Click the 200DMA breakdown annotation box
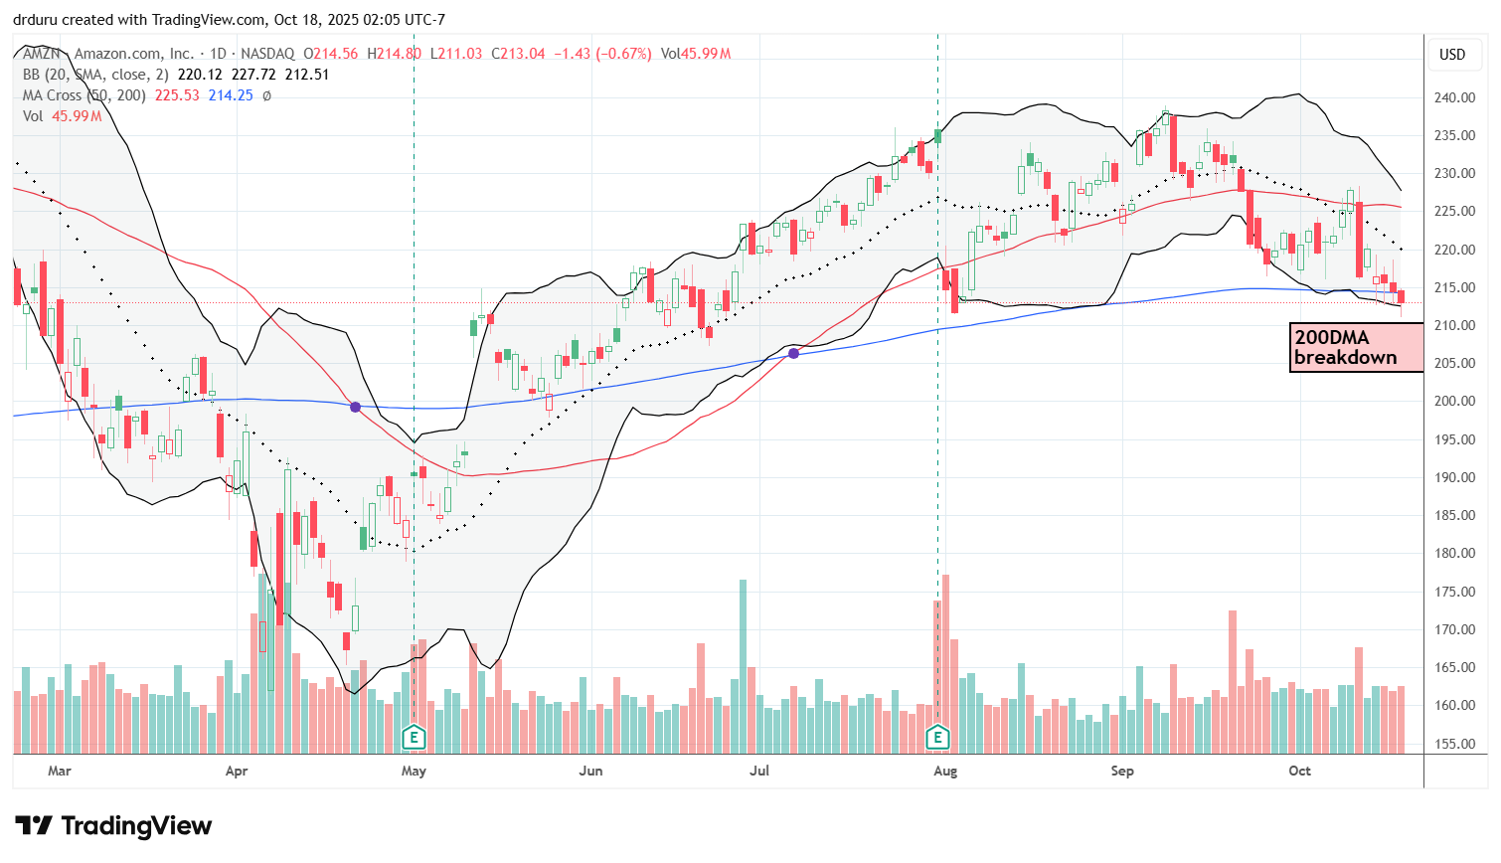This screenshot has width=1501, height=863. click(x=1356, y=348)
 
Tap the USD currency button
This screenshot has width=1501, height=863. click(x=1452, y=55)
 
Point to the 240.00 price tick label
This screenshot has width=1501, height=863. click(x=1454, y=97)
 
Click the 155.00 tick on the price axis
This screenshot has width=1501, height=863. click(x=1454, y=744)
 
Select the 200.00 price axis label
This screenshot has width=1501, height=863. click(x=1454, y=401)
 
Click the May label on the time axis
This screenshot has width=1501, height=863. click(x=414, y=771)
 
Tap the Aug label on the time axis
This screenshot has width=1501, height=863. click(x=945, y=771)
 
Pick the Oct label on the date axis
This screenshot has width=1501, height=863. click(x=1299, y=771)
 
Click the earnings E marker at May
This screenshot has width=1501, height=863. click(x=414, y=738)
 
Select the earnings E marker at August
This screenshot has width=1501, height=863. click(x=937, y=738)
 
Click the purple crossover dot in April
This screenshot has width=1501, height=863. click(x=356, y=407)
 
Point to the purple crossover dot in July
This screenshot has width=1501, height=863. click(x=793, y=353)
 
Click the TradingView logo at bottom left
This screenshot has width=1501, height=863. click(x=113, y=826)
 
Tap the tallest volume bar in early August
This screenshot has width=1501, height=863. click(x=945, y=661)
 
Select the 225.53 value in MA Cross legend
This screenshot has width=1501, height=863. click(x=177, y=95)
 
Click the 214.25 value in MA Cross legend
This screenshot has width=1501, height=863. click(x=231, y=95)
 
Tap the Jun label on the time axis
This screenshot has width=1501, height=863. click(x=590, y=771)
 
